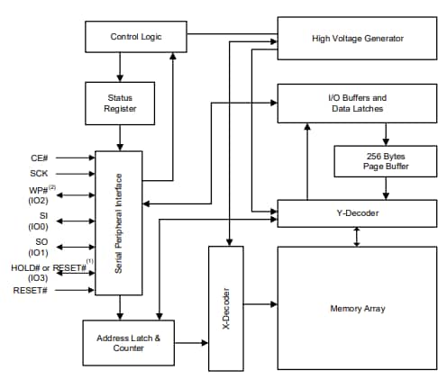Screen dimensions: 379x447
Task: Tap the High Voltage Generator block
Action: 357,38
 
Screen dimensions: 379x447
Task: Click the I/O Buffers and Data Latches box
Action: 357,103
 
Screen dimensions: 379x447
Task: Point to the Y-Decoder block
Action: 357,213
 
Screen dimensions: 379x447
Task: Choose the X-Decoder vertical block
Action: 227,309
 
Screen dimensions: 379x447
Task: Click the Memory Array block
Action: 357,309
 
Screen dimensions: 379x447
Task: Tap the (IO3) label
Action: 41,279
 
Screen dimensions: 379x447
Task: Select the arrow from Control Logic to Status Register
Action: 120,67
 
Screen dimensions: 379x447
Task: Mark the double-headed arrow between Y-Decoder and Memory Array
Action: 358,236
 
